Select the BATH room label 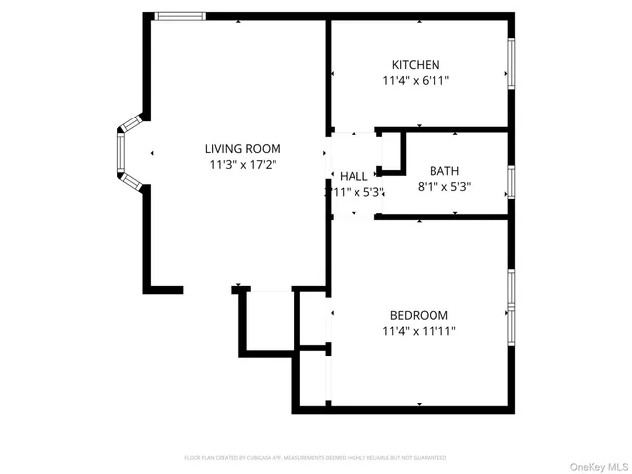click(x=443, y=170)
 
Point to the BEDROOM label click(x=419, y=315)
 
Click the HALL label click(x=354, y=176)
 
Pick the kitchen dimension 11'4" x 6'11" click(x=422, y=82)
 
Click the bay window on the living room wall click(x=123, y=156)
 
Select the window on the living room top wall click(x=181, y=16)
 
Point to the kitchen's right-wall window click(x=511, y=62)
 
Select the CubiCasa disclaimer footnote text click(x=315, y=458)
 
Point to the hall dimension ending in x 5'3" click(x=355, y=192)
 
